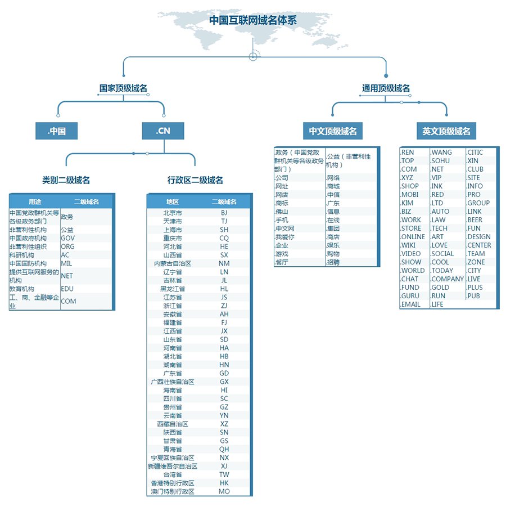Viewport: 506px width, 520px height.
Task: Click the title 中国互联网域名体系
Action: coord(253,20)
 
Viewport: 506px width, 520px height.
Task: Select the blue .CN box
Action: coord(163,131)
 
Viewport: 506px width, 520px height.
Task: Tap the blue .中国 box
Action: coord(56,131)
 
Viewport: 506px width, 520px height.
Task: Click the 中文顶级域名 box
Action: coord(333,131)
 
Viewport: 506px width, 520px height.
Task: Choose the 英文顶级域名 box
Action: coord(446,131)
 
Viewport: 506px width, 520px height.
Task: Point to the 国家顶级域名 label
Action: coord(123,88)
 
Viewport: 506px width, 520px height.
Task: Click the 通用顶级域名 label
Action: coord(386,88)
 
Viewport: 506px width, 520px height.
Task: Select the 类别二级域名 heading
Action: coord(66,180)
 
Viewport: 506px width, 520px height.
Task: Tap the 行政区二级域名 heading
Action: coord(195,180)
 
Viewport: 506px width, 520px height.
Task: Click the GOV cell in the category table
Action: coord(68,238)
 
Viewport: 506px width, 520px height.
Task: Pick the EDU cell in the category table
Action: coord(68,289)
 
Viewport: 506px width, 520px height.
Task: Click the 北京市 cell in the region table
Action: coord(173,213)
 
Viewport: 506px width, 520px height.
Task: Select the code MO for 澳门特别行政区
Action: coord(224,491)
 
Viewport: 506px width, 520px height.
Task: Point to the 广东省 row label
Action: coord(173,373)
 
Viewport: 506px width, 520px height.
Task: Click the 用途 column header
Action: coord(35,201)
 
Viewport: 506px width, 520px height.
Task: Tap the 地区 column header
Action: coord(173,201)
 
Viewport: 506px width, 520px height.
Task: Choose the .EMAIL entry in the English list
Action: coord(411,304)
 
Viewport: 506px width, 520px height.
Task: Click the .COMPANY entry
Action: coord(448,279)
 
